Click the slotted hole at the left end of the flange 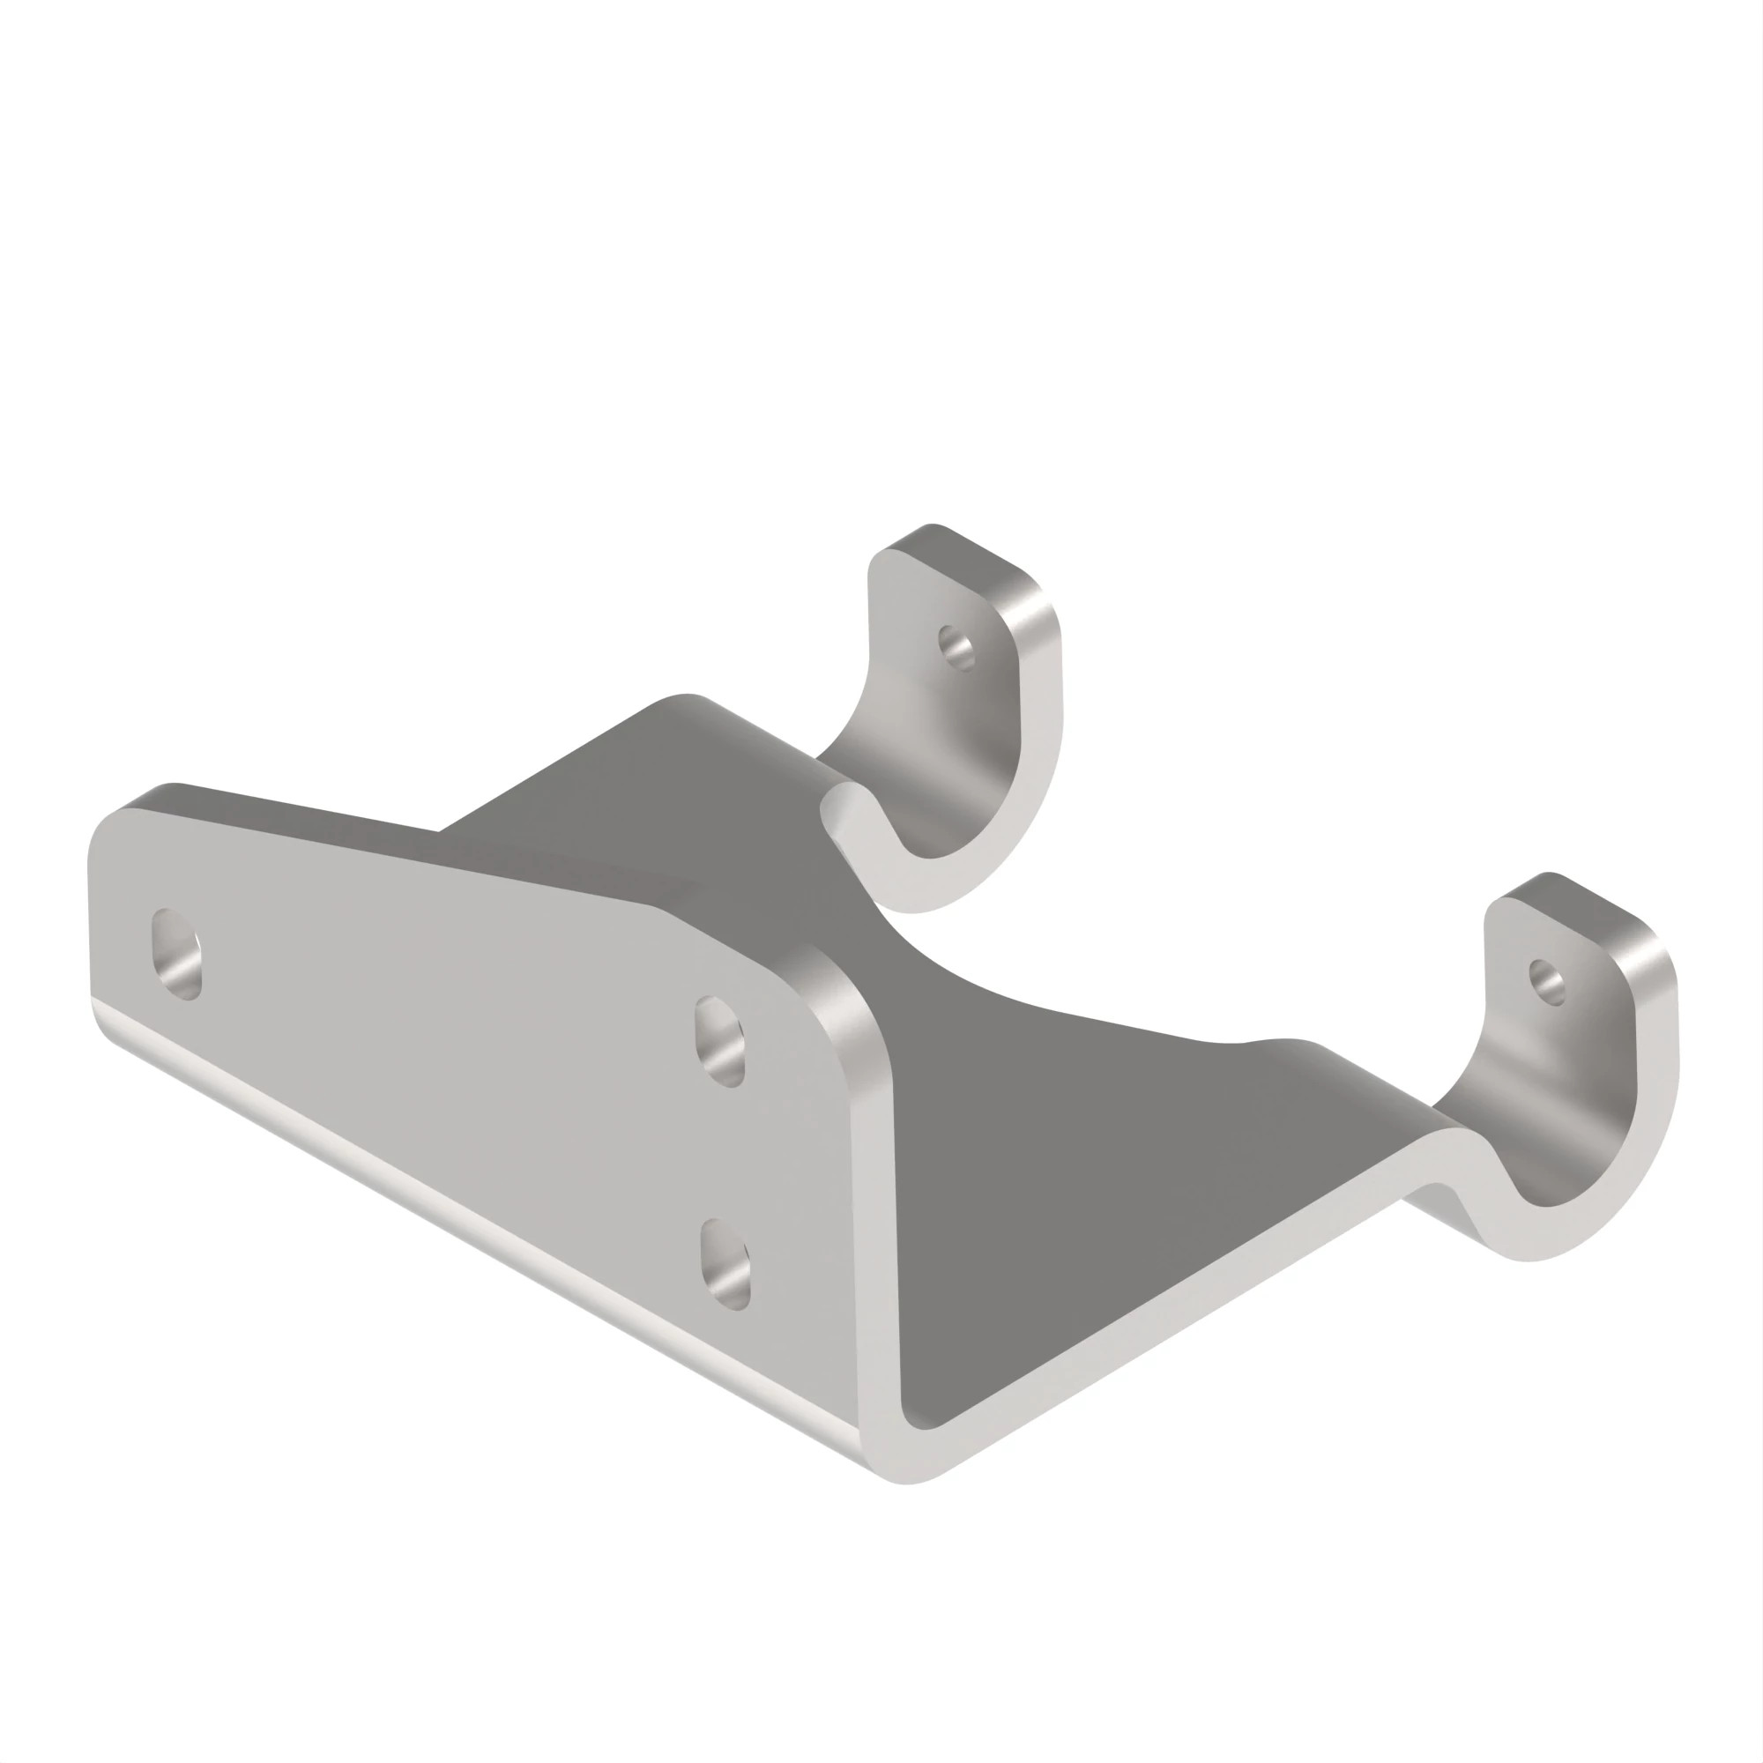point(176,955)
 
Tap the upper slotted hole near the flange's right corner point(720,1042)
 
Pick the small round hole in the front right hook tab point(1547,981)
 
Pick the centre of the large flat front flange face point(457,1022)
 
